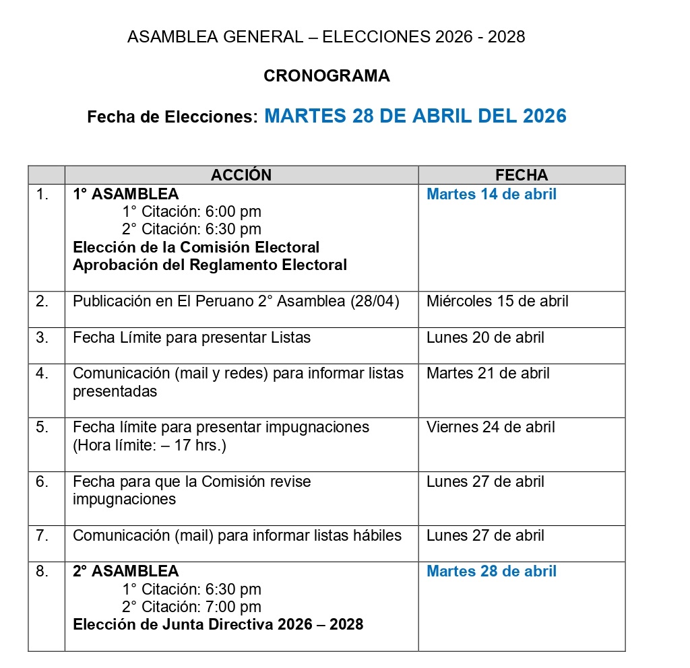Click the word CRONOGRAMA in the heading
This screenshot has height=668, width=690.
(326, 76)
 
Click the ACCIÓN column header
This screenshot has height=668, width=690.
(241, 175)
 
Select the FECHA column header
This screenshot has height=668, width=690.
(522, 175)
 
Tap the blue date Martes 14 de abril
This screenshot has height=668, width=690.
(491, 195)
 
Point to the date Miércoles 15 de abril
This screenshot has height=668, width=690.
(497, 301)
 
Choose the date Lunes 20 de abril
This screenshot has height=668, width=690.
(485, 337)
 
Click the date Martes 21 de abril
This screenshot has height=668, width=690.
(488, 373)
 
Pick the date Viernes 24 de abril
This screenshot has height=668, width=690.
(491, 427)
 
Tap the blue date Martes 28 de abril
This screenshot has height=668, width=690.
(491, 571)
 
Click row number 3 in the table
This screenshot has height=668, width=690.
(42, 337)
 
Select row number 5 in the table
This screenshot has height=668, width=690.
(42, 427)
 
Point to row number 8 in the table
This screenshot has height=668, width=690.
(42, 571)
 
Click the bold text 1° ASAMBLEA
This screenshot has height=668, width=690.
(126, 195)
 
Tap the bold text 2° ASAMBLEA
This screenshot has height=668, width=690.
(126, 571)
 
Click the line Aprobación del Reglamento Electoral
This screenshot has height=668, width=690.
(210, 265)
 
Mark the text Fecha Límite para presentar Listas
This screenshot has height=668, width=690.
(191, 337)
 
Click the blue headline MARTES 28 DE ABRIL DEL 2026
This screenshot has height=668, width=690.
(415, 116)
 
